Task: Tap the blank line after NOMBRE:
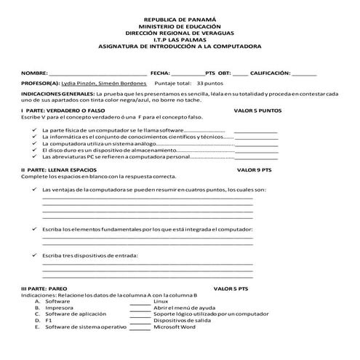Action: pos(97,74)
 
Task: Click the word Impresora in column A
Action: pos(58,308)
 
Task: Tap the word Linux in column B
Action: pos(161,301)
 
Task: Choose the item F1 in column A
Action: pos(49,321)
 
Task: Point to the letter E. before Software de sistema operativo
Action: pos(37,327)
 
